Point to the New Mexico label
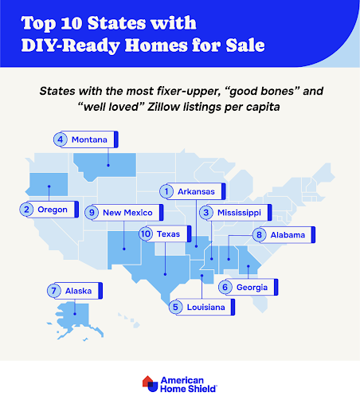coord(131,212)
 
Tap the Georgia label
coord(252,286)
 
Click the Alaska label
coord(73,290)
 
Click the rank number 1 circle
coord(166,191)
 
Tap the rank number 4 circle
coord(60,139)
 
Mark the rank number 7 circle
coord(53,290)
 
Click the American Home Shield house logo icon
coord(149,384)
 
